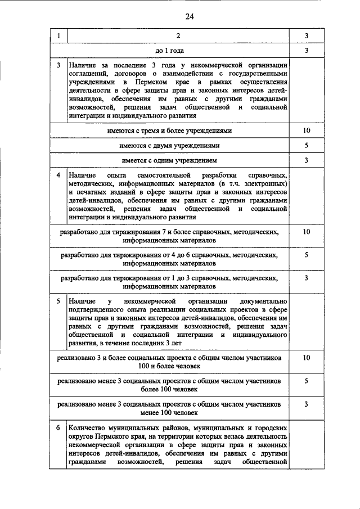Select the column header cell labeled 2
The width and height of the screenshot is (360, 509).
[x=178, y=36]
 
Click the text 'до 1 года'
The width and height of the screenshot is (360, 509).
[x=178, y=51]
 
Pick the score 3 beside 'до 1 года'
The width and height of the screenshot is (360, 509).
[x=306, y=51]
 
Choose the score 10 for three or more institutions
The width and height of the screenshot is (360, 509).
[x=306, y=130]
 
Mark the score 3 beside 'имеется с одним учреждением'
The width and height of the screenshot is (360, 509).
[x=306, y=160]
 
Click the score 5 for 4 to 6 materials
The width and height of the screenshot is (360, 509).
[x=306, y=255]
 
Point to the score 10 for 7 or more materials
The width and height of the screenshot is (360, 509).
[x=306, y=231]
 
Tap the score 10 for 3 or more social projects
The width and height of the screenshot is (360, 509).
[x=306, y=358]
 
